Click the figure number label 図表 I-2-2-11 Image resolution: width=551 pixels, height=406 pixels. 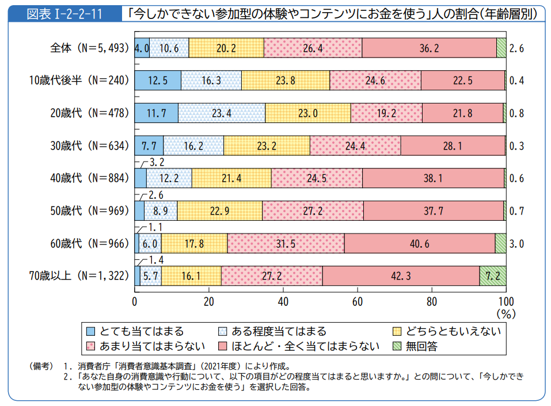tap(64, 13)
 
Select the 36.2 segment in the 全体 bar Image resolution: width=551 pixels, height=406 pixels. tap(429, 49)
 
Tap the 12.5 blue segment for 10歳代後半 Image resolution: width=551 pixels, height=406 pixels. tap(157, 81)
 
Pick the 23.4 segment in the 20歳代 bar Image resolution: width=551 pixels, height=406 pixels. tap(221, 113)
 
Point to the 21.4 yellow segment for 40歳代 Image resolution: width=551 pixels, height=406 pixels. tap(231, 178)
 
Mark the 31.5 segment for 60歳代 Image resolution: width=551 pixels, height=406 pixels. tap(286, 244)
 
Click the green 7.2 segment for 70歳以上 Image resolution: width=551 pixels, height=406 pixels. tap(493, 276)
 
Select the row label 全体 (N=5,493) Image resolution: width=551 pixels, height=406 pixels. tap(88, 49)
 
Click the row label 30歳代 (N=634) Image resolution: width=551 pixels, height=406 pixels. tap(88, 146)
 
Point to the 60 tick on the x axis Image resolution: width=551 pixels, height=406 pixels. tap(357, 302)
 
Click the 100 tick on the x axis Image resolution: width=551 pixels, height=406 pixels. tap(505, 302)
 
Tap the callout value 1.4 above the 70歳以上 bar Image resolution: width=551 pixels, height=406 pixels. tap(157, 261)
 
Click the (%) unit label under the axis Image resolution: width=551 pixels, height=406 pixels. tap(505, 315)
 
